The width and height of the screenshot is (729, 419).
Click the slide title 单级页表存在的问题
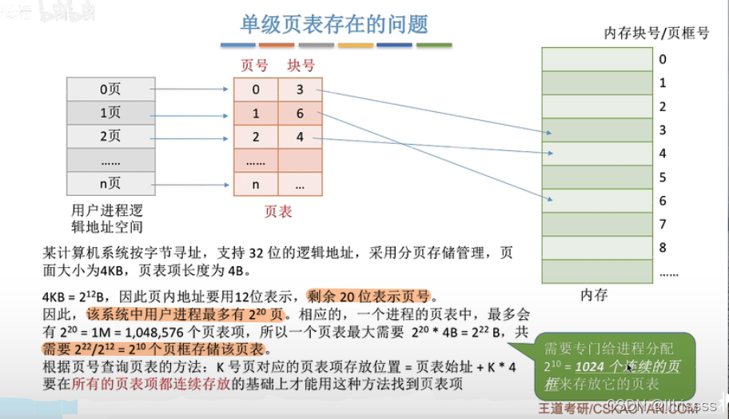pyautogui.click(x=335, y=23)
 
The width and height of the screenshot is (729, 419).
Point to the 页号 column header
pyautogui.click(x=254, y=66)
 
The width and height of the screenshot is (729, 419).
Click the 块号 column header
pyautogui.click(x=301, y=66)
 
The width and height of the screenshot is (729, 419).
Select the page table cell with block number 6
pyautogui.click(x=300, y=114)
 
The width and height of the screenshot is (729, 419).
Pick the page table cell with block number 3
pyautogui.click(x=300, y=90)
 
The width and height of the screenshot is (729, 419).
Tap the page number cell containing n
pyautogui.click(x=255, y=184)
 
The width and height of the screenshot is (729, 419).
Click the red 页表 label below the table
pyautogui.click(x=277, y=212)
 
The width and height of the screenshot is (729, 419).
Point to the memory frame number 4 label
pyautogui.click(x=663, y=154)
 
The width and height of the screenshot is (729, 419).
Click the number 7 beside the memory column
pyautogui.click(x=663, y=225)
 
